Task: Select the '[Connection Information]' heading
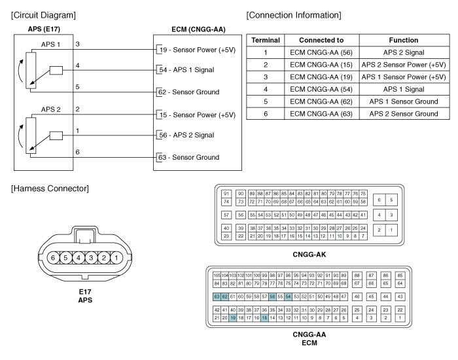point(294,15)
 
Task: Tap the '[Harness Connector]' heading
point(50,189)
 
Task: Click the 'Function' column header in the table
point(403,40)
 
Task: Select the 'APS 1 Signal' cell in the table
point(403,89)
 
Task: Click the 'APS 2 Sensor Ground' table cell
point(403,114)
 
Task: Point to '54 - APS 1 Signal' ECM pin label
point(186,69)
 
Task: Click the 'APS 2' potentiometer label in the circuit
point(50,109)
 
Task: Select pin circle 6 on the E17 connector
point(53,257)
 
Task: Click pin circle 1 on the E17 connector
point(115,257)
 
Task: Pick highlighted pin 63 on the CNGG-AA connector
point(217,297)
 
